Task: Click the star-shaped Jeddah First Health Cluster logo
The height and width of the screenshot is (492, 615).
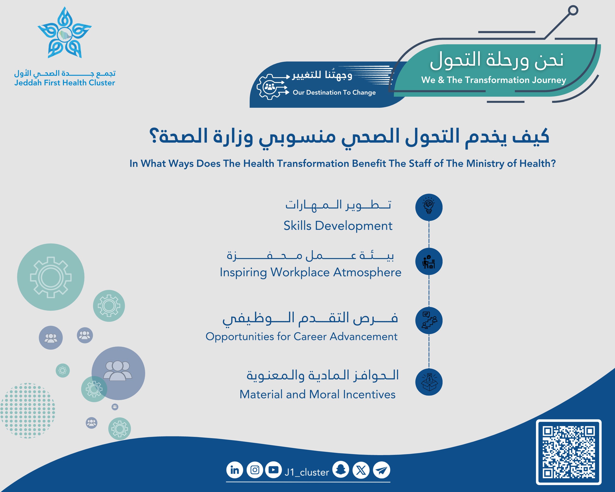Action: click(x=65, y=33)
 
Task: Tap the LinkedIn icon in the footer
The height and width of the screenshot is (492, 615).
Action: click(x=235, y=470)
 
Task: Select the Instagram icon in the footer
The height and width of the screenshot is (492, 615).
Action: click(x=255, y=470)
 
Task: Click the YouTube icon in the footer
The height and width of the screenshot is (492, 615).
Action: click(x=273, y=470)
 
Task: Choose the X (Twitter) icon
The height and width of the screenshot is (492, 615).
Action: click(x=361, y=470)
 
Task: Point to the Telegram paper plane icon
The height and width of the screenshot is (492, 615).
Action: click(x=382, y=470)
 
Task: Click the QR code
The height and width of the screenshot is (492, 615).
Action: click(x=569, y=452)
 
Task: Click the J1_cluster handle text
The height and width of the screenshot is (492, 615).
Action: click(x=307, y=473)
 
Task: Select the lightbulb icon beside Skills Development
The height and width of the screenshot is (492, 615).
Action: click(x=429, y=207)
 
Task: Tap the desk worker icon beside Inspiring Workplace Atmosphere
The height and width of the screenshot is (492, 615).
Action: click(x=429, y=261)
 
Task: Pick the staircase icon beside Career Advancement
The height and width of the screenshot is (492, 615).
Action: click(x=429, y=321)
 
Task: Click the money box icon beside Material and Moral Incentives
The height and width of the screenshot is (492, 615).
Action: click(x=429, y=382)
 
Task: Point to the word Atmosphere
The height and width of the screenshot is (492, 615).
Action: click(x=368, y=272)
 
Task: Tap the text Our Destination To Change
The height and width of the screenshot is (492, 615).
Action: click(x=334, y=92)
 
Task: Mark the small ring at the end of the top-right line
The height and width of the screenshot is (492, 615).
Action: click(x=573, y=11)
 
